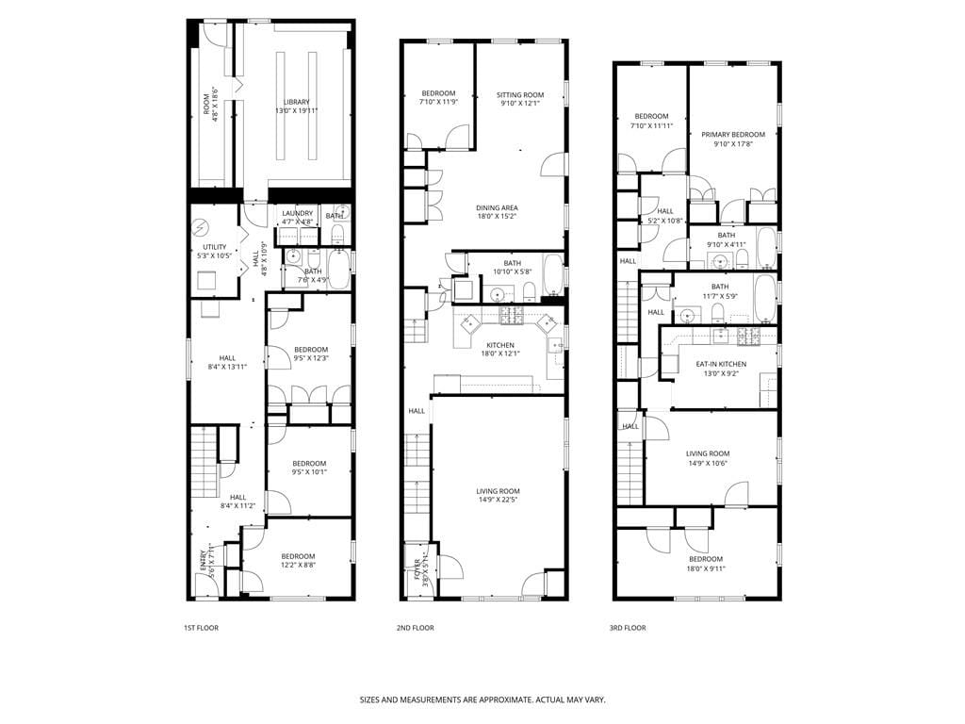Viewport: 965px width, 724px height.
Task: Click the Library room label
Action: click(296, 102)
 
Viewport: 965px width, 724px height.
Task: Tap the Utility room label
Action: click(215, 247)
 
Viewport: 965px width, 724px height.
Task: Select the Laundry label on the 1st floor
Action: click(297, 213)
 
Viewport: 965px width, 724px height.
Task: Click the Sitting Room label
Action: click(520, 94)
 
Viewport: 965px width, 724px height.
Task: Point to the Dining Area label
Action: click(497, 207)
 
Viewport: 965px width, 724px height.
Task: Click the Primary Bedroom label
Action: click(732, 135)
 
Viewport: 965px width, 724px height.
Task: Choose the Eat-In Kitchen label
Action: click(721, 364)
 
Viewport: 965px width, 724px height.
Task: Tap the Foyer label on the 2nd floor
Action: click(417, 569)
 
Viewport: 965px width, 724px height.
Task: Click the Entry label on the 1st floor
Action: click(204, 558)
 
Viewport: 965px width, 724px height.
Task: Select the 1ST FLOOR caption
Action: click(201, 628)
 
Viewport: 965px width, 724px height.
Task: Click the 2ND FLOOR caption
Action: click(415, 628)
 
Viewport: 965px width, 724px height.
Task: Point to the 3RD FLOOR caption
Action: click(628, 628)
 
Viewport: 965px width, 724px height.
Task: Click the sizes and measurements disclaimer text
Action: click(482, 700)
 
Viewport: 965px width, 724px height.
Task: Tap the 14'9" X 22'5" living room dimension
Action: click(497, 500)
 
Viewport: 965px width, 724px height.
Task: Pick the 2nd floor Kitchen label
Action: click(499, 345)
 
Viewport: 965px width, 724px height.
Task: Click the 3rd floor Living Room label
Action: click(707, 453)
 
